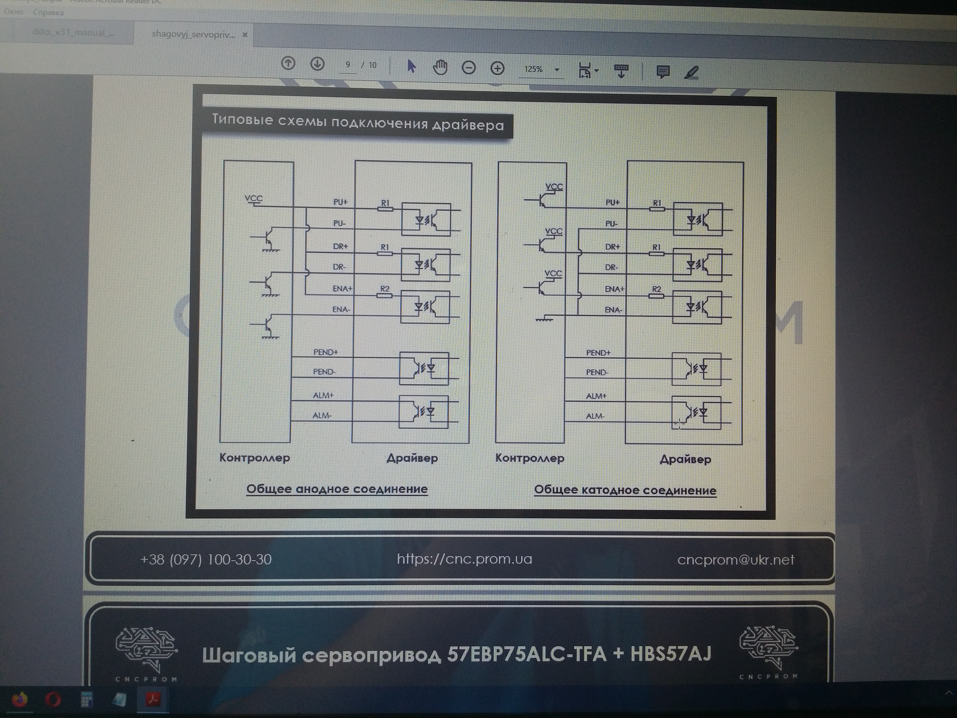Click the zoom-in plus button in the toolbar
click(497, 68)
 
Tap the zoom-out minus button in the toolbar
click(469, 67)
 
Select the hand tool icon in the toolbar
click(440, 67)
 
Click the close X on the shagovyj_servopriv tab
click(245, 35)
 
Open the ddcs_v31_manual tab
click(73, 32)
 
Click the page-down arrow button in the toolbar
click(317, 64)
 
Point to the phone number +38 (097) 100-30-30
click(206, 559)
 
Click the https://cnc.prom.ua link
click(464, 559)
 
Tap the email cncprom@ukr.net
click(736, 560)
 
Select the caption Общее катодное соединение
click(625, 490)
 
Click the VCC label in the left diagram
click(254, 198)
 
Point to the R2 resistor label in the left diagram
click(385, 289)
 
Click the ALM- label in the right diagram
click(595, 416)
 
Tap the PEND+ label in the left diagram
click(325, 352)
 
